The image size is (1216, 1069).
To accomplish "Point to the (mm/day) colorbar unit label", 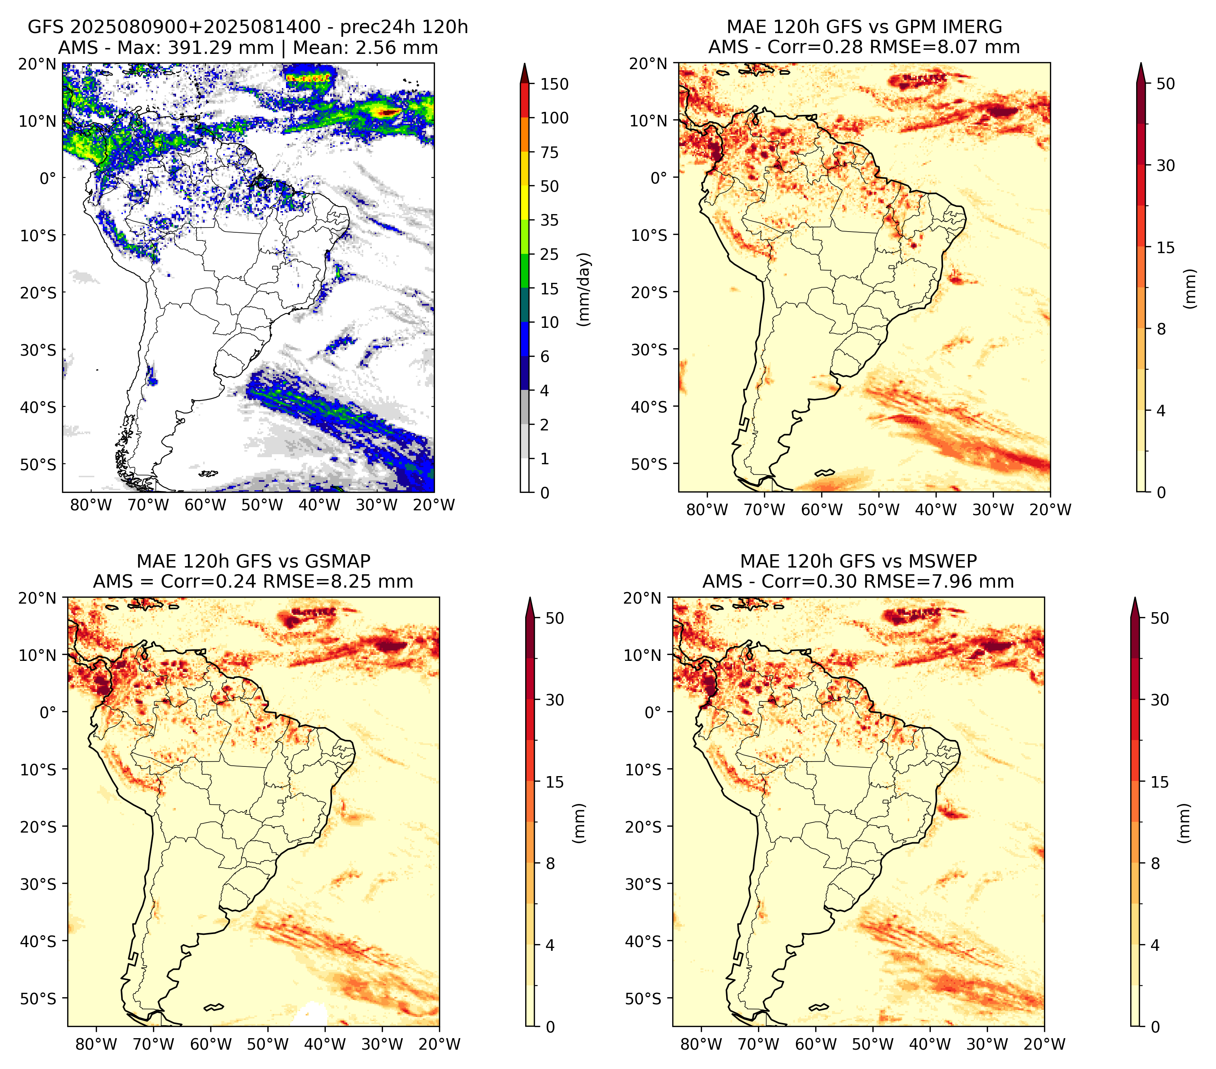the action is click(x=585, y=289).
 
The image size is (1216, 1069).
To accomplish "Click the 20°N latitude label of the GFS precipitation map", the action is click(x=38, y=64).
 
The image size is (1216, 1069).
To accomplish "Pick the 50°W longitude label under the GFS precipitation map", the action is click(x=262, y=506).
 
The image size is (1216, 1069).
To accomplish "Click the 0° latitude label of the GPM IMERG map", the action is click(x=659, y=177).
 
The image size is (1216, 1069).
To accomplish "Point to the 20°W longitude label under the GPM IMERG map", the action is click(x=1051, y=510).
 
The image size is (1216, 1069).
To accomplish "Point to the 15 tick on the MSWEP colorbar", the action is click(x=1160, y=782).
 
